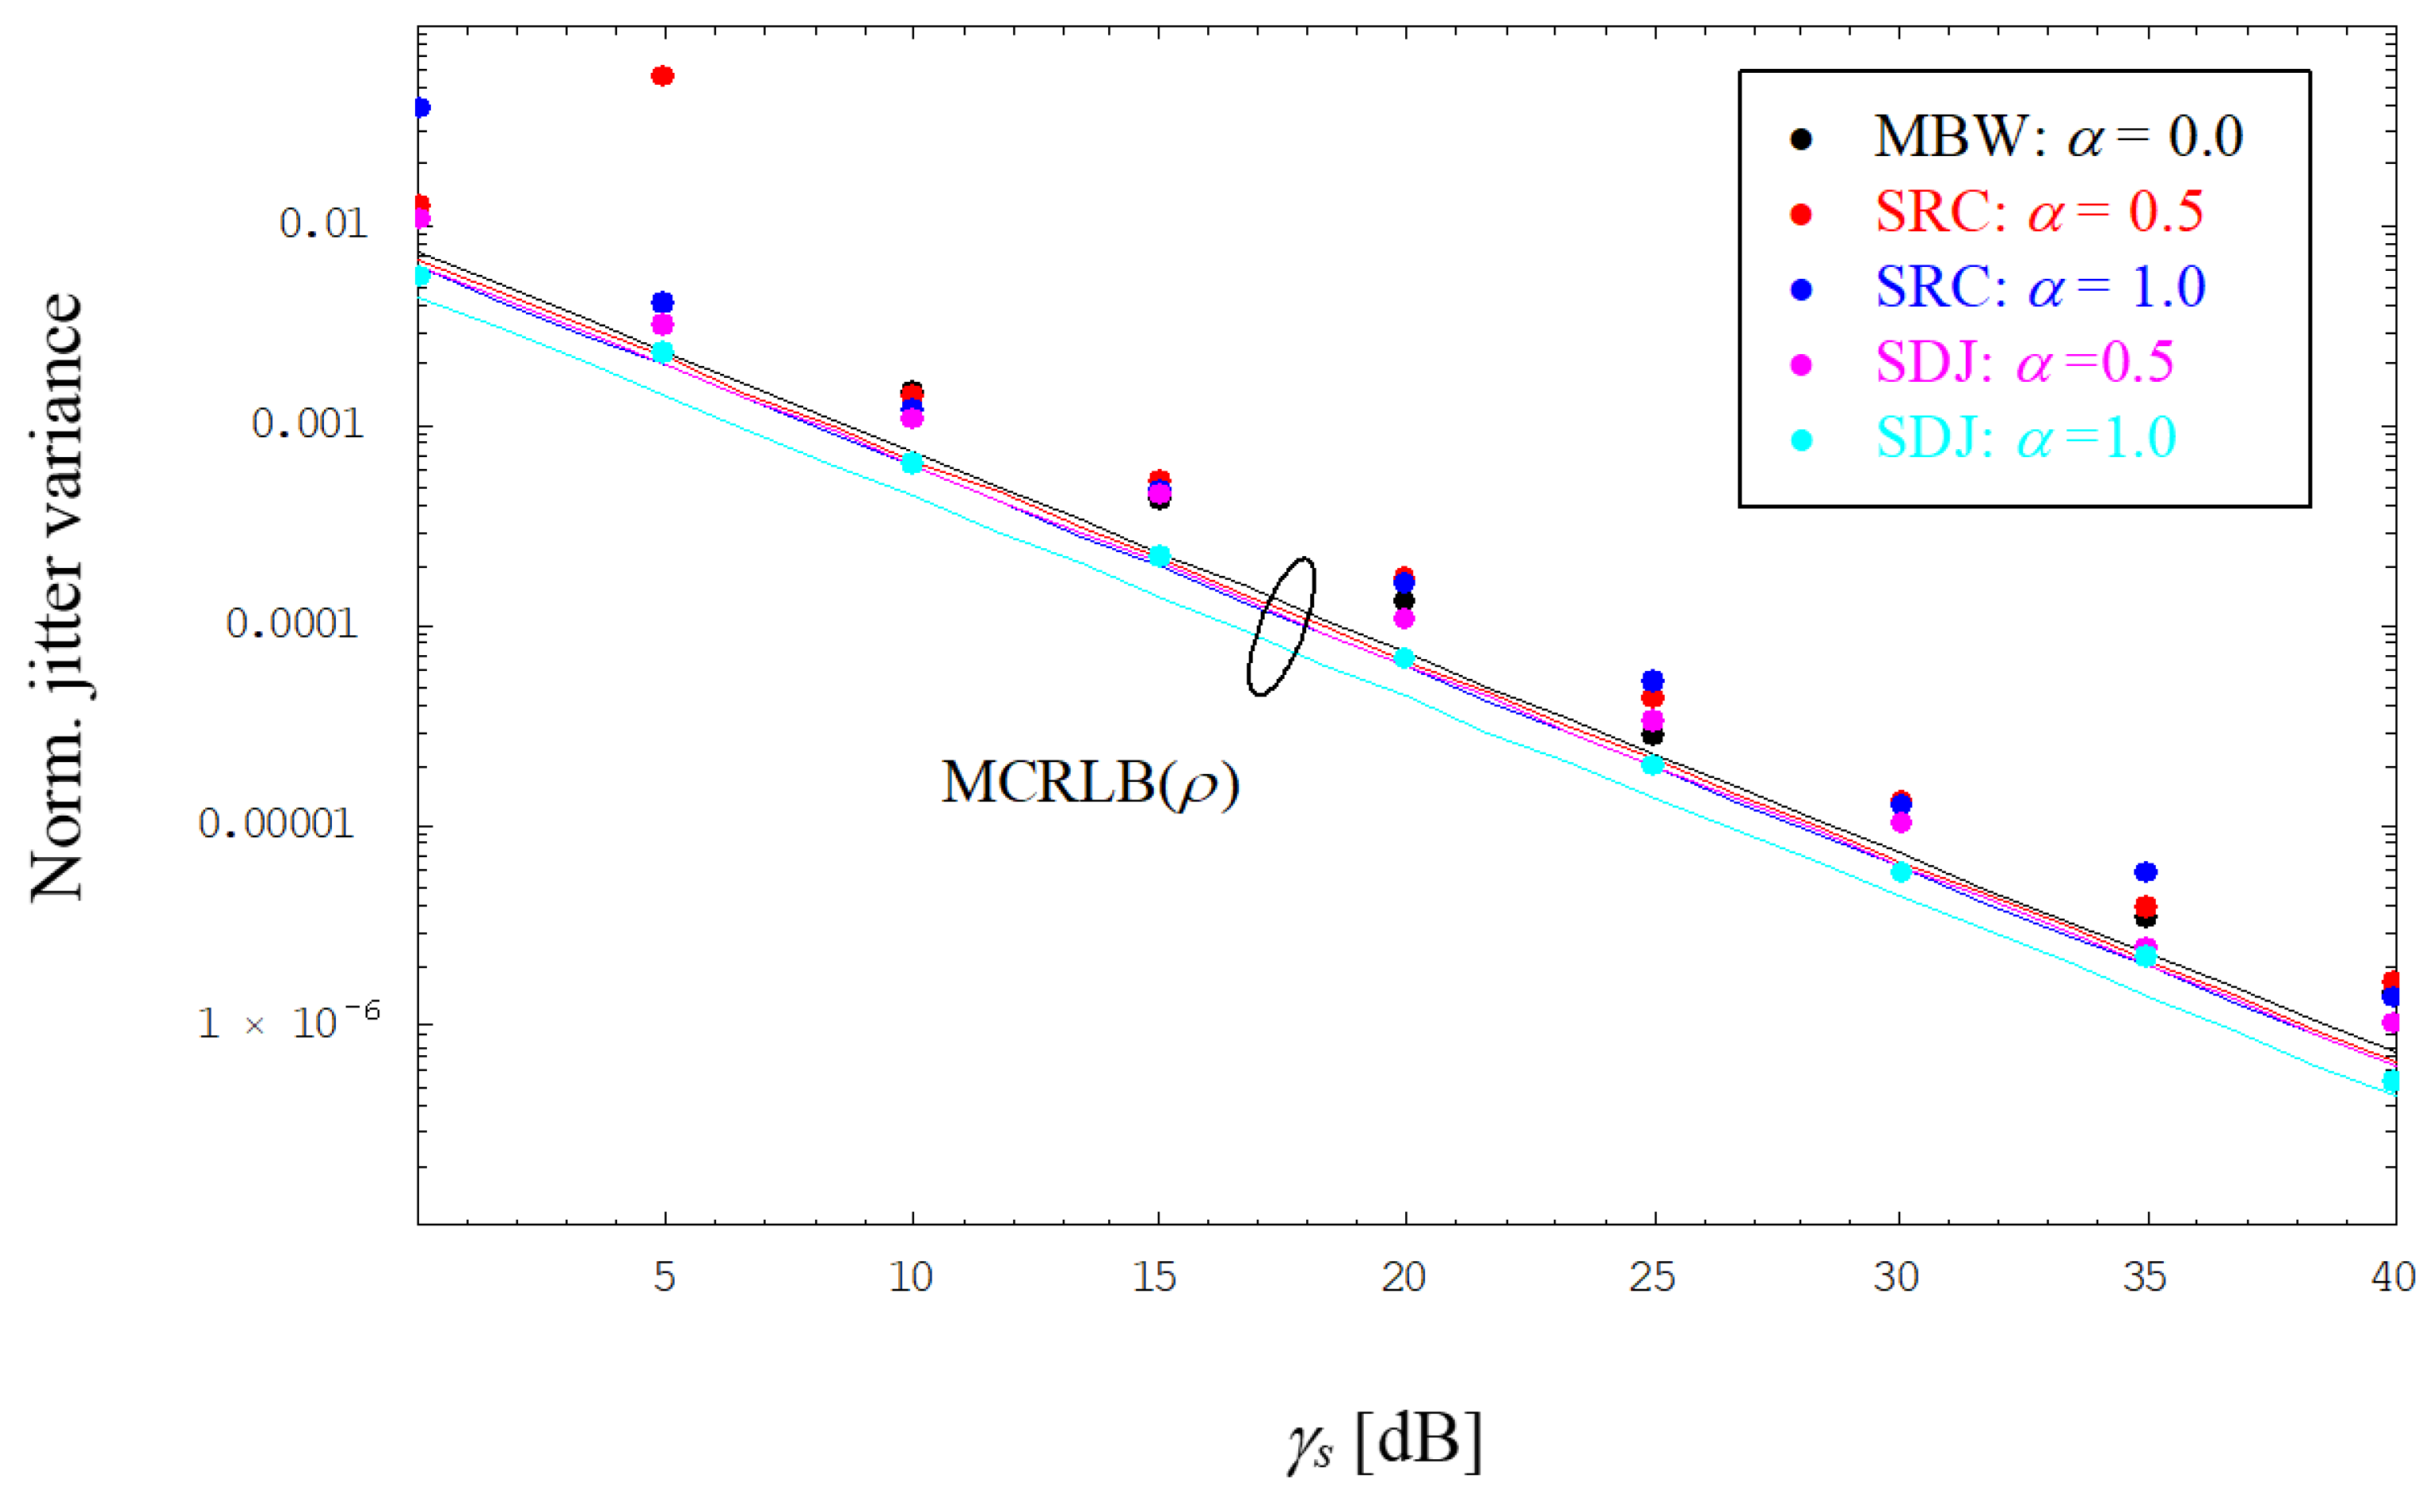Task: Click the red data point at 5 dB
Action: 663,76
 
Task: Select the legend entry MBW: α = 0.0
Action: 2056,137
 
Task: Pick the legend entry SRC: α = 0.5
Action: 2037,212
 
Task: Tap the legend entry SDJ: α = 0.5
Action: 2023,362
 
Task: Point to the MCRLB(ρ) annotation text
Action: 1090,784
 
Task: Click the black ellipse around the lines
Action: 1280,626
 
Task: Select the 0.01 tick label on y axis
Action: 323,224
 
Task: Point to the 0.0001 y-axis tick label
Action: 292,623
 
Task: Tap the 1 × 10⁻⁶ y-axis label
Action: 288,1023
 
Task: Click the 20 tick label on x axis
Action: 1404,1277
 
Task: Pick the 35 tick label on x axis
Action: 2145,1277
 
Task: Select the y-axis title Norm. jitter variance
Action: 57,596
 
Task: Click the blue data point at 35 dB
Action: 2146,871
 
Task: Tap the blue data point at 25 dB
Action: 1653,680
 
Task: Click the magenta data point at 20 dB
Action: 1404,619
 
